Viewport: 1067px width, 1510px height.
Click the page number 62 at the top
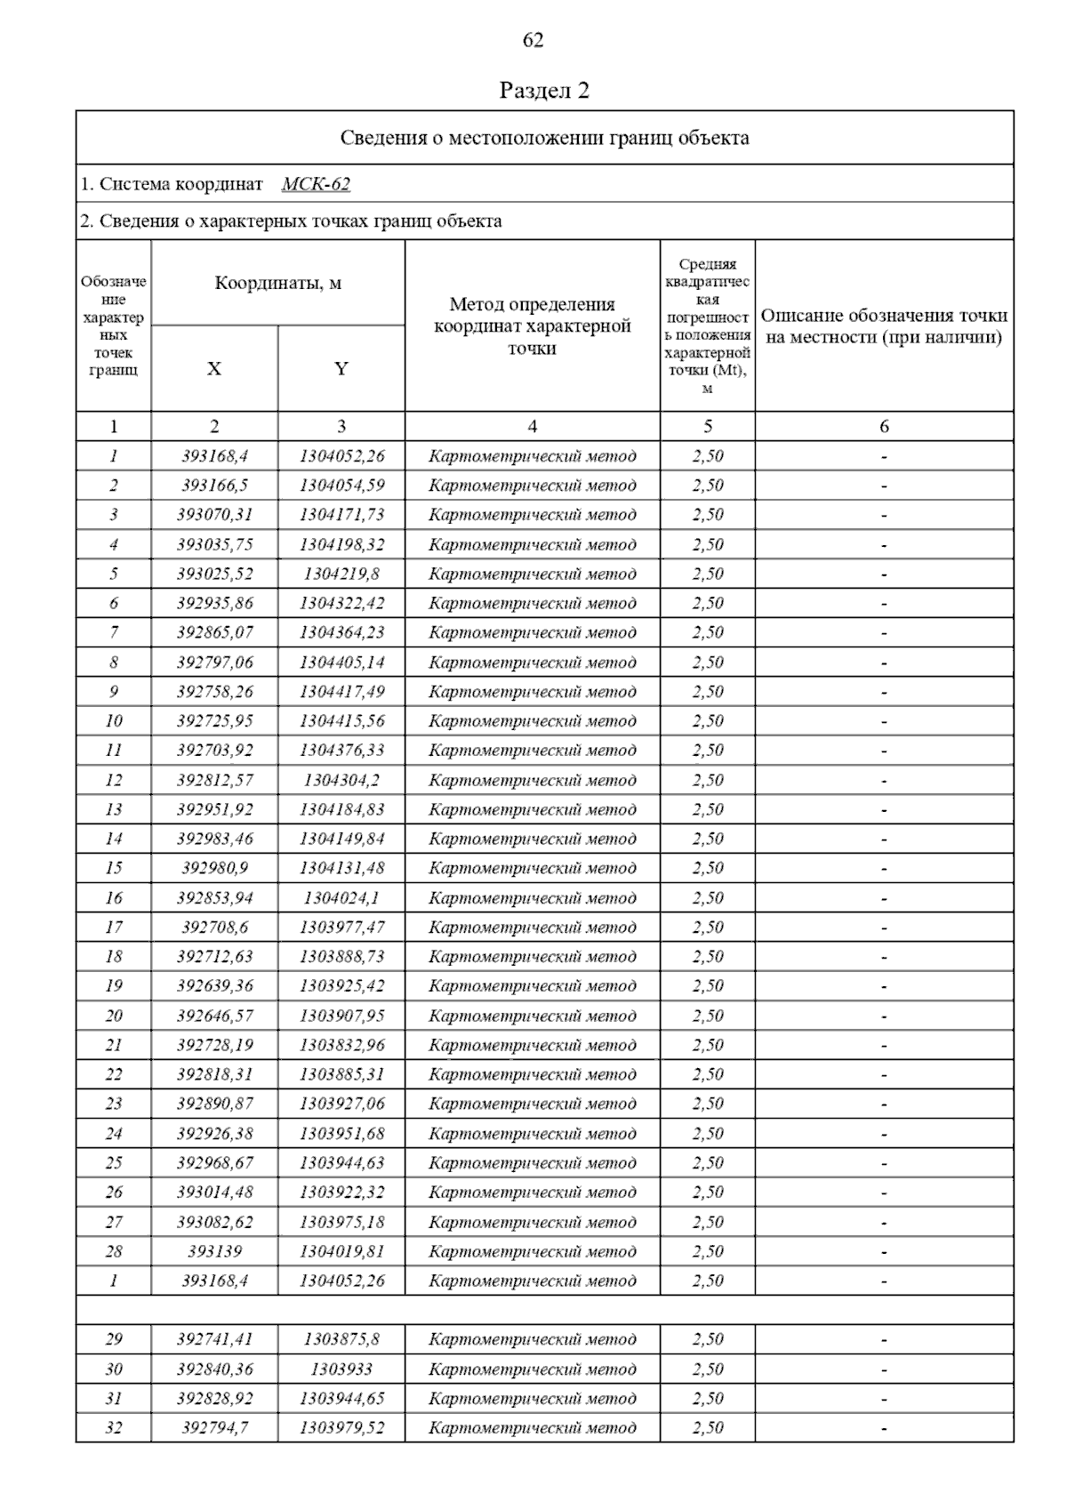pyautogui.click(x=533, y=40)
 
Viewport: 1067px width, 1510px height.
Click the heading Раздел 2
pyautogui.click(x=544, y=91)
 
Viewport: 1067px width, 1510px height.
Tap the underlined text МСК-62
pyautogui.click(x=316, y=184)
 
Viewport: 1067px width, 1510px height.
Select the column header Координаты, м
pyautogui.click(x=278, y=284)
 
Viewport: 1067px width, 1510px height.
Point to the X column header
pyautogui.click(x=214, y=369)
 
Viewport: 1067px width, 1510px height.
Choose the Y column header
pyautogui.click(x=341, y=369)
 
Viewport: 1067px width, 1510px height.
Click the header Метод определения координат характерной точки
pyautogui.click(x=532, y=326)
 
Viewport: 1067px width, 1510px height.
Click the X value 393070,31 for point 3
pyautogui.click(x=214, y=515)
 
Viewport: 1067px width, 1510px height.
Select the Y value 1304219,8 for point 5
pyautogui.click(x=341, y=574)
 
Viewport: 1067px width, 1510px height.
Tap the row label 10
pyautogui.click(x=114, y=721)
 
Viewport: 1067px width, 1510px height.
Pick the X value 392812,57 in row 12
pyautogui.click(x=214, y=780)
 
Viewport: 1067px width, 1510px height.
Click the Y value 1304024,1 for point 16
pyautogui.click(x=341, y=898)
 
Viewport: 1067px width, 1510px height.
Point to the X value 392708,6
pyautogui.click(x=214, y=928)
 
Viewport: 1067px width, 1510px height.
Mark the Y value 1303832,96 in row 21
pyautogui.click(x=341, y=1045)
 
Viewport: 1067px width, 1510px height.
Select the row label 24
pyautogui.click(x=114, y=1134)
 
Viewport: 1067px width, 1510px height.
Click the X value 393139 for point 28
pyautogui.click(x=214, y=1251)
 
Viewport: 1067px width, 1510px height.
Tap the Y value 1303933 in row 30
pyautogui.click(x=341, y=1369)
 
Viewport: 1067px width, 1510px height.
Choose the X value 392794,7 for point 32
pyautogui.click(x=214, y=1428)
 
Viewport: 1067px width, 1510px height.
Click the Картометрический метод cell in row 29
pyautogui.click(x=532, y=1339)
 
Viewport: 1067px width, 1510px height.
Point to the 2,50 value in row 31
pyautogui.click(x=708, y=1399)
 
